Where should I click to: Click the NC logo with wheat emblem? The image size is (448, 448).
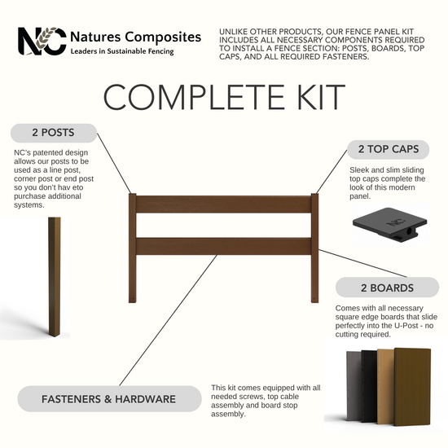coord(42,42)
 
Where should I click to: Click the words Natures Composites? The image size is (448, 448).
coord(136,37)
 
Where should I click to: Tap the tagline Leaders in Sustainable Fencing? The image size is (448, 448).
coord(122,51)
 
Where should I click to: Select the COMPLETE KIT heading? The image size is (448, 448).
coord(224,97)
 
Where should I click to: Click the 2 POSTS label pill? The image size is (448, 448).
coord(54,133)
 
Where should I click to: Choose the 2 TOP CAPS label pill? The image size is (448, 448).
coord(389,149)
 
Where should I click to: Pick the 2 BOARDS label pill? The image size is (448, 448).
coord(387,288)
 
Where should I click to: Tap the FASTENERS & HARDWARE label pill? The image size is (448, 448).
coord(109,399)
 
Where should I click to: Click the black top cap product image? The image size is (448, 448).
coord(389,224)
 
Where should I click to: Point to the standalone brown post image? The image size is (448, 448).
coord(55,277)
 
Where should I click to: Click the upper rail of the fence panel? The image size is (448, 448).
coord(224,204)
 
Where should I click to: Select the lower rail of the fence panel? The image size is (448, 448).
coord(224,246)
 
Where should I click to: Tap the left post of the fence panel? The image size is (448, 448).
coord(132,248)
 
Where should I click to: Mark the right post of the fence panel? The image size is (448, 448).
coord(314,248)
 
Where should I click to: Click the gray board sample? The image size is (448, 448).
coord(354,386)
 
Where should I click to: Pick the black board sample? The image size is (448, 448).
coord(369,386)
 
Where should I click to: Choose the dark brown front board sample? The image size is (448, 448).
coord(412,387)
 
